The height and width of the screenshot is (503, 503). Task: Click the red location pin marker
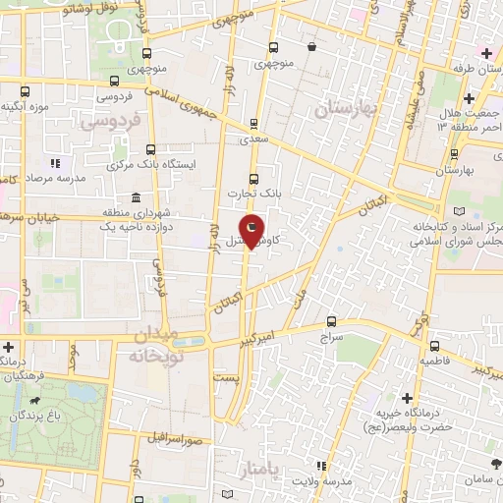[252, 232]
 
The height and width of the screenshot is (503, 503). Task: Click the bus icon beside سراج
[330, 320]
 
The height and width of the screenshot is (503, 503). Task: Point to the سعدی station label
[254, 140]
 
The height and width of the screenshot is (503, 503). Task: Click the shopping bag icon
[311, 47]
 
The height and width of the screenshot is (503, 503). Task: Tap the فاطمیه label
[435, 361]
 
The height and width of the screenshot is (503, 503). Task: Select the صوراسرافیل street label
[176, 436]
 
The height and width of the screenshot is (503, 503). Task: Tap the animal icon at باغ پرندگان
[36, 401]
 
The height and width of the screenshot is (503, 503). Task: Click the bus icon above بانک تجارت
[254, 179]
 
